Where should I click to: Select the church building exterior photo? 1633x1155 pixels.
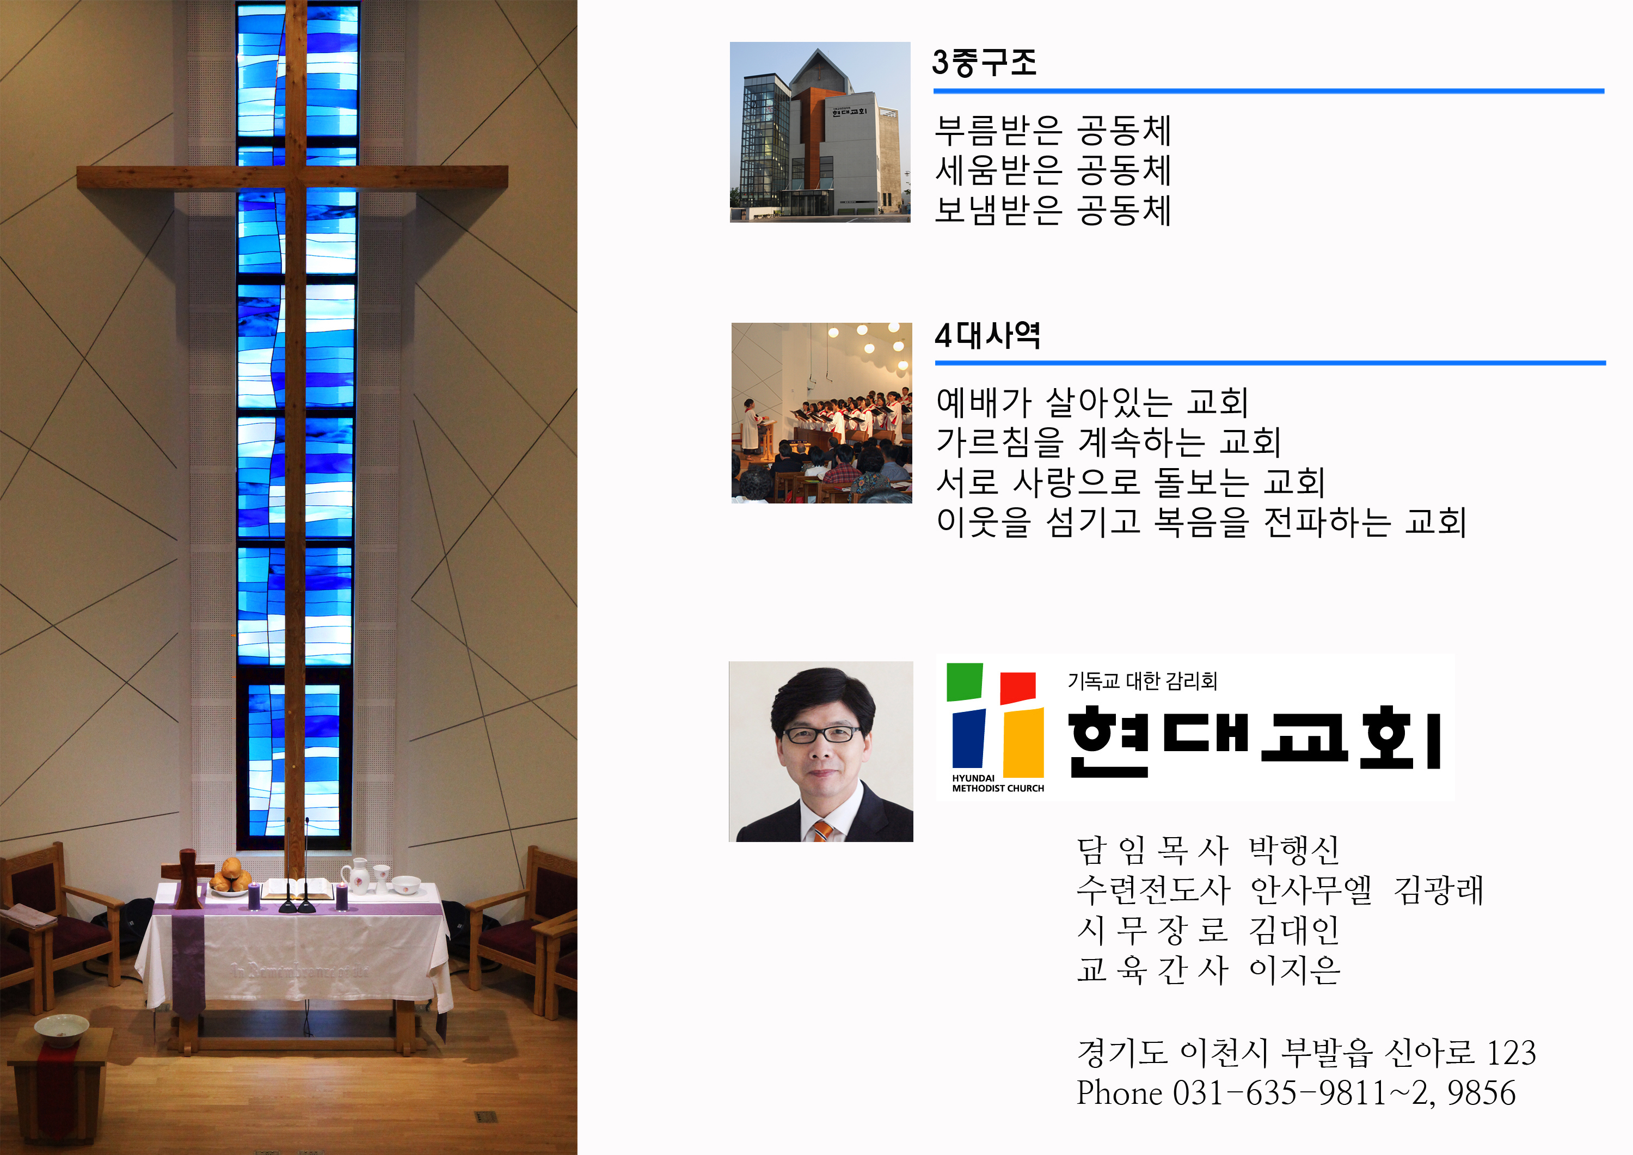pyautogui.click(x=820, y=132)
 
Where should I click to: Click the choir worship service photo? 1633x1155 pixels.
pyautogui.click(x=821, y=413)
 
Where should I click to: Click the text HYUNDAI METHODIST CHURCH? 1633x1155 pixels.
pyautogui.click(x=998, y=783)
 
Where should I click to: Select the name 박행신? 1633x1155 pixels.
pyautogui.click(x=1294, y=849)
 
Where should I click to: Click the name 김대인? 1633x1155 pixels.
pyautogui.click(x=1294, y=930)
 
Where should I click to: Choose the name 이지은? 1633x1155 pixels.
pyautogui.click(x=1294, y=969)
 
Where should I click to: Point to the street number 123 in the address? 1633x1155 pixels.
pyautogui.click(x=1512, y=1053)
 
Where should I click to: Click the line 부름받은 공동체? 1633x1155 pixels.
pyautogui.click(x=1053, y=130)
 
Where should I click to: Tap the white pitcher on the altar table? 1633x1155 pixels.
pyautogui.click(x=358, y=876)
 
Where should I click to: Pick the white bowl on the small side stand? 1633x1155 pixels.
pyautogui.click(x=62, y=1029)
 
